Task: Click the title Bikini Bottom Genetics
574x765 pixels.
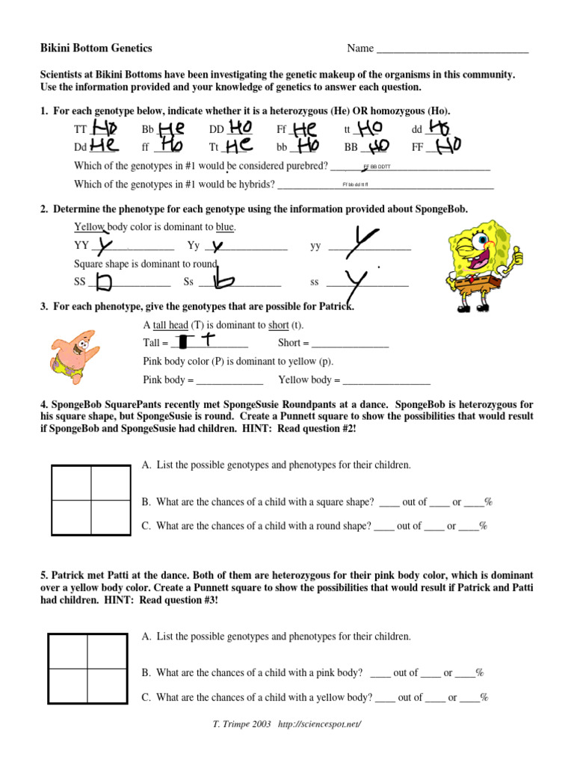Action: (96, 49)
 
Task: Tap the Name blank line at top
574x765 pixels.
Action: (452, 50)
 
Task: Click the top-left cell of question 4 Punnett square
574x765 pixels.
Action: (71, 483)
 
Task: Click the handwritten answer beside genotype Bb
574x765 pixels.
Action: (173, 129)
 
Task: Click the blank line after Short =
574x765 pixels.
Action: (350, 344)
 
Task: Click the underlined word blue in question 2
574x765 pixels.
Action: (225, 226)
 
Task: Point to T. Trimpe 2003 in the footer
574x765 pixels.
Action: (242, 725)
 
